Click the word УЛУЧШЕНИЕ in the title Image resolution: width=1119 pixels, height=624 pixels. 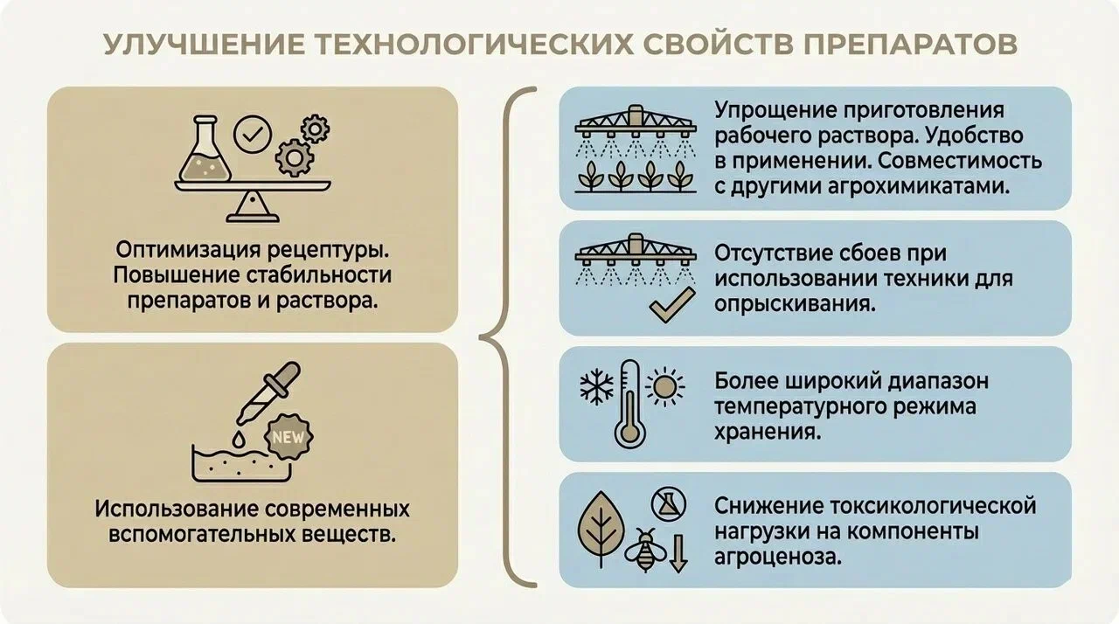pyautogui.click(x=204, y=45)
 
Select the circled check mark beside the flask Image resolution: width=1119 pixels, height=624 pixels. pyautogui.click(x=253, y=135)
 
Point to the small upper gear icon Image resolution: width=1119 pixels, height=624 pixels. pyautogui.click(x=315, y=128)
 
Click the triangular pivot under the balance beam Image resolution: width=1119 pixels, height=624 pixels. pyautogui.click(x=253, y=205)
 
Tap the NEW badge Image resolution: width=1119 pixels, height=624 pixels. pyautogui.click(x=288, y=437)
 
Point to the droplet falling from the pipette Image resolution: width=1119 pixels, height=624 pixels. pyautogui.click(x=239, y=440)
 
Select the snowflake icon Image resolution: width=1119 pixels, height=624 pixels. pyautogui.click(x=596, y=386)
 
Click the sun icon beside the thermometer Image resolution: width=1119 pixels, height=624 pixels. pyautogui.click(x=664, y=386)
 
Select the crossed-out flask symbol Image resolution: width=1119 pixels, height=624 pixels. pyautogui.click(x=669, y=504)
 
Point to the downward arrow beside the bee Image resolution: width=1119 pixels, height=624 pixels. pyautogui.click(x=678, y=552)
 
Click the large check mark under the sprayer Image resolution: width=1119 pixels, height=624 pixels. pyautogui.click(x=672, y=305)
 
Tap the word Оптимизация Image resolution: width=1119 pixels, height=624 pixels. pyautogui.click(x=189, y=250)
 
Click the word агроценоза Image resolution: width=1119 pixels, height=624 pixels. pyautogui.click(x=778, y=557)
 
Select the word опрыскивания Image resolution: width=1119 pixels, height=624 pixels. pyautogui.click(x=795, y=304)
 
